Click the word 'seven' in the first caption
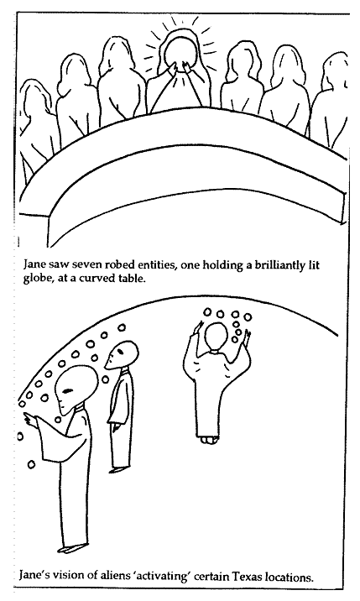coord(86,265)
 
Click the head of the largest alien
coord(76,390)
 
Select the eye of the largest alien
coord(67,391)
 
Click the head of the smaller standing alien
coord(122,353)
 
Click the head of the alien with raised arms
coord(217,336)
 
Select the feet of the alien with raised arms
coord(209,440)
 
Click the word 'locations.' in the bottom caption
coord(291,577)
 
